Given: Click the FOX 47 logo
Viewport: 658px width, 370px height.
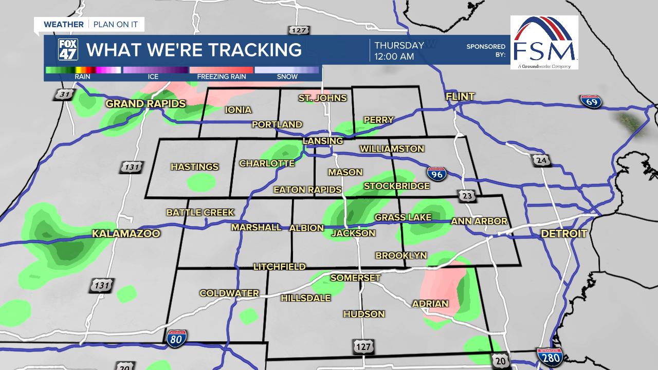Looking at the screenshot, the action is pyautogui.click(x=68, y=50).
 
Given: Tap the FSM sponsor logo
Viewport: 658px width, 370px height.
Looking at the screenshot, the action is pyautogui.click(x=544, y=42).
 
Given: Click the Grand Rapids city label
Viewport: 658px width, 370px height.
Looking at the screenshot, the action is pyautogui.click(x=145, y=104).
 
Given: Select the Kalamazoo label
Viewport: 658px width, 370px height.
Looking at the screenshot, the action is pyautogui.click(x=126, y=234).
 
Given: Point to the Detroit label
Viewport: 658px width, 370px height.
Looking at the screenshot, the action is pyautogui.click(x=564, y=234).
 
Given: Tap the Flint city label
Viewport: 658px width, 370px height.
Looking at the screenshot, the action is pyautogui.click(x=460, y=97).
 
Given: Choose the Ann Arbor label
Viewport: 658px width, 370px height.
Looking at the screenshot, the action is pyautogui.click(x=479, y=221).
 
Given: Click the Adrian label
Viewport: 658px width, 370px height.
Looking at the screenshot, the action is pyautogui.click(x=430, y=304).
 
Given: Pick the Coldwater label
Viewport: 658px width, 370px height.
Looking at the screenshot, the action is pyautogui.click(x=229, y=293).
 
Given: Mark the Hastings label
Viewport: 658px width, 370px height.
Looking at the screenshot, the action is pyautogui.click(x=194, y=167).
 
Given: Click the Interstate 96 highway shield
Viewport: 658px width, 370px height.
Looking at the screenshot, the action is pyautogui.click(x=437, y=174).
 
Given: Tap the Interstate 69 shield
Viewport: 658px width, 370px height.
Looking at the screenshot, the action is pyautogui.click(x=592, y=101).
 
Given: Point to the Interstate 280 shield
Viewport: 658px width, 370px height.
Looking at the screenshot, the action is pyautogui.click(x=550, y=356).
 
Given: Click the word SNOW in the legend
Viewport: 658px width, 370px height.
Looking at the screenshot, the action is pyautogui.click(x=287, y=77).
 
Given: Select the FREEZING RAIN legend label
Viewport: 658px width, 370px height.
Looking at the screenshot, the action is pyautogui.click(x=222, y=77).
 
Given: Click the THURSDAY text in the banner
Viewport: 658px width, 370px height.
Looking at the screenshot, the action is pyautogui.click(x=399, y=45).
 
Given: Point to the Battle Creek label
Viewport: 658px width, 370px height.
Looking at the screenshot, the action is pyautogui.click(x=200, y=212).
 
